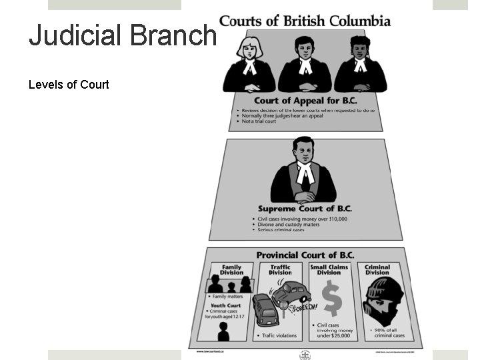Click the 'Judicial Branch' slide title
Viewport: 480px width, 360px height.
(x=123, y=35)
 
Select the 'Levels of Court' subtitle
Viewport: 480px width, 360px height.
(x=69, y=85)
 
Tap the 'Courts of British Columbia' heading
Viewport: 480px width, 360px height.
(x=305, y=21)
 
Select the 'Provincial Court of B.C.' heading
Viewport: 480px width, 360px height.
(x=306, y=255)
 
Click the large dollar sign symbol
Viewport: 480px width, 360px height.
(x=331, y=297)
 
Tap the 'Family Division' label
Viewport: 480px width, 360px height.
(x=231, y=270)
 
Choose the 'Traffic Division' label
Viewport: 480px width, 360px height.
(x=280, y=270)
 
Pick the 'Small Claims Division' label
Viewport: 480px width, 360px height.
(x=329, y=270)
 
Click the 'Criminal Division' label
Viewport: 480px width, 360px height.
(x=377, y=270)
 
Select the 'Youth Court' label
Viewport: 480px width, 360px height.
(x=226, y=307)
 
